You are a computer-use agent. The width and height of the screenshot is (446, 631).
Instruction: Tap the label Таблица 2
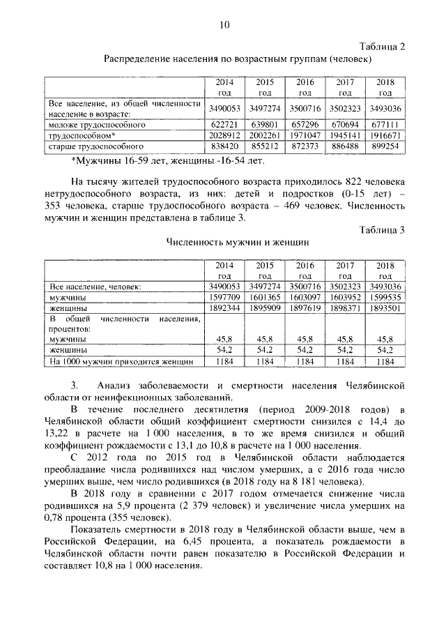(x=382, y=47)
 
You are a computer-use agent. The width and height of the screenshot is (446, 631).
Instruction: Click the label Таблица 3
(x=382, y=229)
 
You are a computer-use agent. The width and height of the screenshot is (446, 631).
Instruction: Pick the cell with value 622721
(x=224, y=125)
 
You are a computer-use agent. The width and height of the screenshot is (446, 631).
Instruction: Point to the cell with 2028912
(x=224, y=136)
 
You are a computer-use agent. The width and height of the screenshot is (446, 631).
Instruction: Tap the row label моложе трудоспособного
(x=97, y=125)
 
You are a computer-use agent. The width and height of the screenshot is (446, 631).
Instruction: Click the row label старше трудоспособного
(x=95, y=147)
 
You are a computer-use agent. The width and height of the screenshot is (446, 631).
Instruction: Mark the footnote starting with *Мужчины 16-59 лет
(x=168, y=161)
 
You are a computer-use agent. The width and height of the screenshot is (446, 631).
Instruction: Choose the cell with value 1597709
(x=224, y=296)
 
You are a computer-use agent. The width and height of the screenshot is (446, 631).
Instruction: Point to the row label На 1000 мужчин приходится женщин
(x=121, y=362)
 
